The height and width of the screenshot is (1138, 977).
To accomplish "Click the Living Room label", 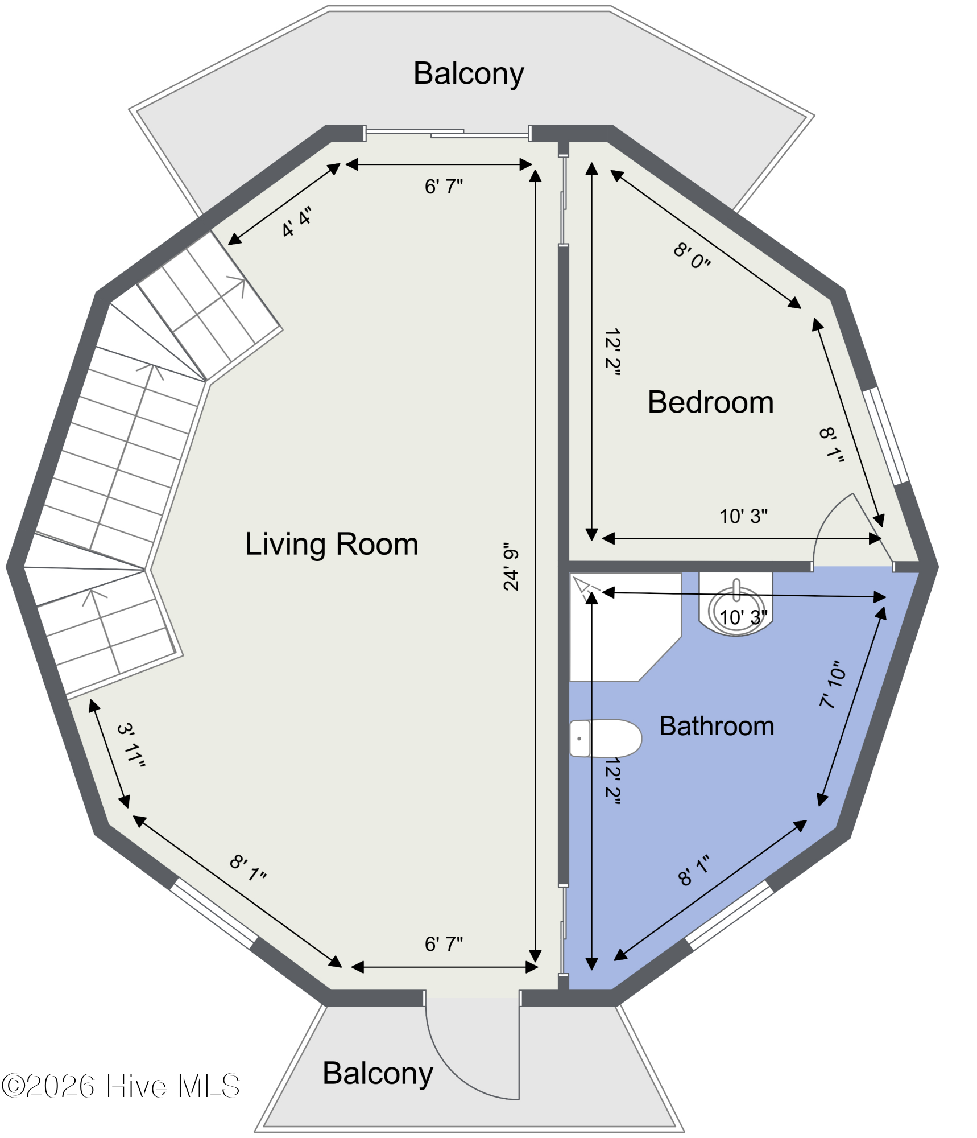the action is pos(332,544).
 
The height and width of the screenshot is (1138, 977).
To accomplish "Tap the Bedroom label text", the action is pos(710,402).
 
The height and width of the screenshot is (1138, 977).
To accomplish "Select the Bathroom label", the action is pos(717,726).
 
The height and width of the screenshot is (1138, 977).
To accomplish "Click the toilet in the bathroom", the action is pos(606,739).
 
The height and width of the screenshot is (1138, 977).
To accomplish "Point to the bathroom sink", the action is pos(736,606).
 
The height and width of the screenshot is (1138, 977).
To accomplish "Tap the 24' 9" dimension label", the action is pos(511,567).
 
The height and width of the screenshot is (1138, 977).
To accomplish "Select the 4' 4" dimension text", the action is pos(297,222).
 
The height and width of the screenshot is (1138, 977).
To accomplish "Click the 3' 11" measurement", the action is pos(131,745).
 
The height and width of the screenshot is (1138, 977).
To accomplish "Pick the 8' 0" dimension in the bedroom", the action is pos(692,256).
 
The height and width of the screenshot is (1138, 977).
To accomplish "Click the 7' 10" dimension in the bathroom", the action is pos(833,685).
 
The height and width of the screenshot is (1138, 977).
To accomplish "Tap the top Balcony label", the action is pos(469,74).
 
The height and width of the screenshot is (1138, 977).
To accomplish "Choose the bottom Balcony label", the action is pos(378,1074).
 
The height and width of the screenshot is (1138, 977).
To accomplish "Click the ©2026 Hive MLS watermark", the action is pos(121,1086).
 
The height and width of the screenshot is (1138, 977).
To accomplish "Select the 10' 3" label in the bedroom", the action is pos(743,517).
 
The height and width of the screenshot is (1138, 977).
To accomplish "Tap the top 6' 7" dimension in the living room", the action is pos(444,187).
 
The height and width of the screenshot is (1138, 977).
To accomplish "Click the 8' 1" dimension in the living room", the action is pos(248,868).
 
